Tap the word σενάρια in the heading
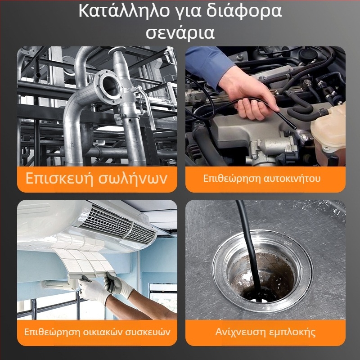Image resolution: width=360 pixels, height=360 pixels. point(180,33)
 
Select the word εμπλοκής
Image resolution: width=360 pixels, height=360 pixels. point(292,333)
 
